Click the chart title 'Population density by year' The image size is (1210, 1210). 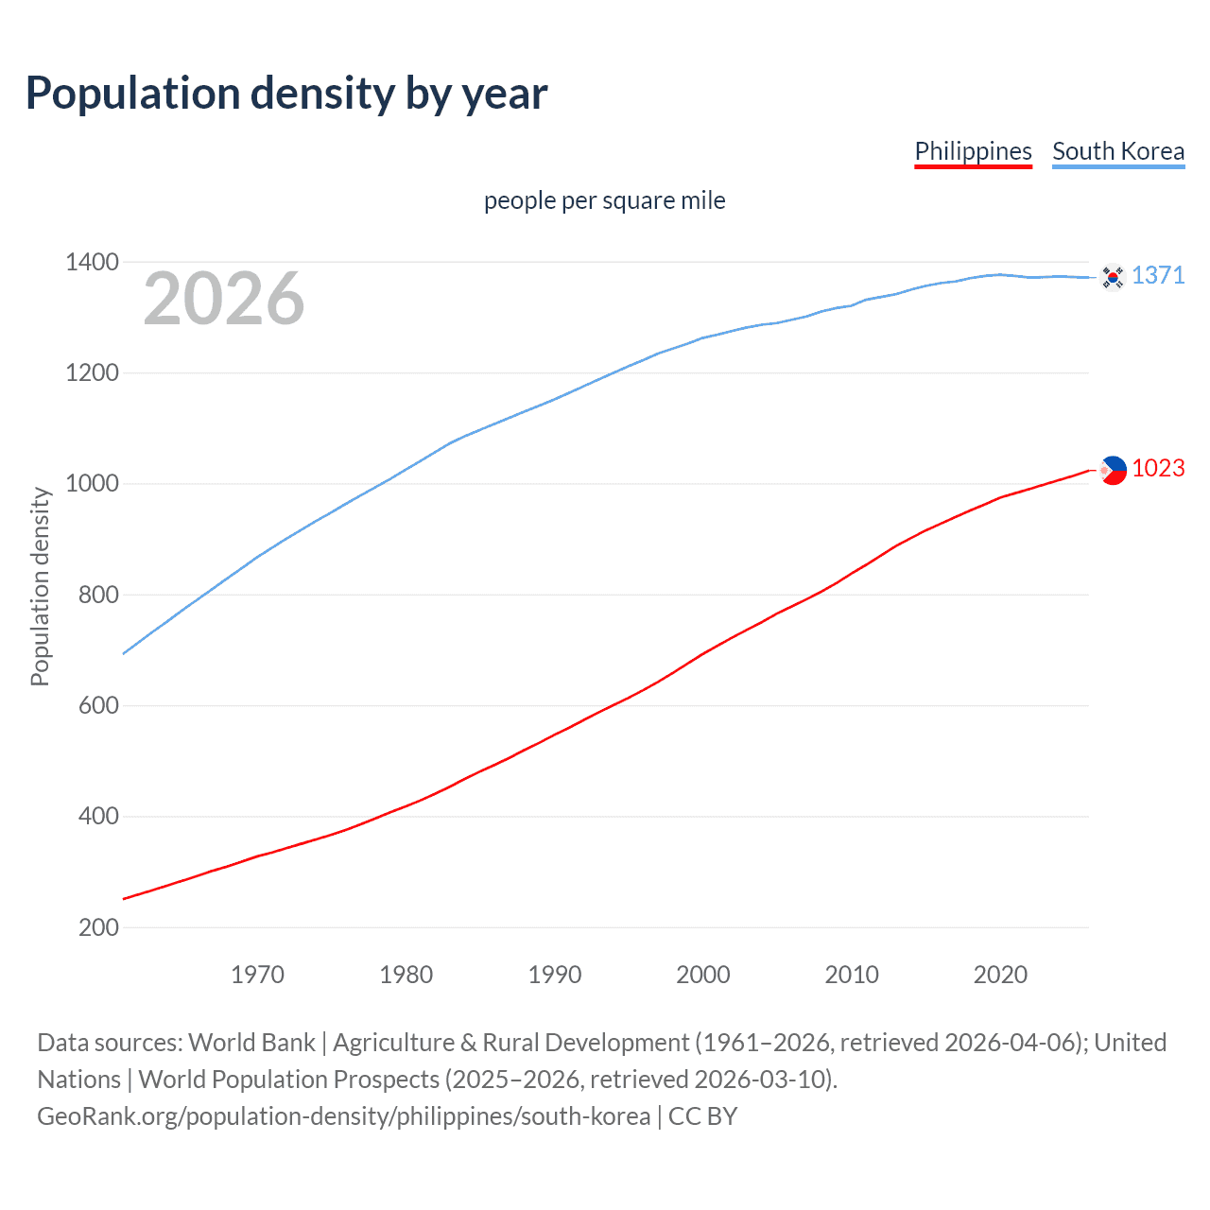[286, 93]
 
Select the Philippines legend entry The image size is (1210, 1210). [973, 151]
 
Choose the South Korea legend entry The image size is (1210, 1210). [1117, 151]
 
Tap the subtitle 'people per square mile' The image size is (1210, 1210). [604, 200]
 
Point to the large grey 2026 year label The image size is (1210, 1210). [224, 299]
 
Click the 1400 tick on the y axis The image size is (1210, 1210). [92, 262]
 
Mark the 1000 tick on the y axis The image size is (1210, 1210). [92, 484]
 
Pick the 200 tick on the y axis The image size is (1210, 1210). [98, 927]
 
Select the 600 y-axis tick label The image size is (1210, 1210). [98, 706]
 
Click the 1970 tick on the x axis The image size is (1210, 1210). [257, 975]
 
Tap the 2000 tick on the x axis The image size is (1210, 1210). [702, 975]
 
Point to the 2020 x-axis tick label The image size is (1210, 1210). [1000, 975]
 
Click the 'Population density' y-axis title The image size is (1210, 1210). [40, 586]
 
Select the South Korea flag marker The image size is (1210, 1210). [1113, 277]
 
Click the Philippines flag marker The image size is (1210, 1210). [1113, 470]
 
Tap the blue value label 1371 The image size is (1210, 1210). [1158, 275]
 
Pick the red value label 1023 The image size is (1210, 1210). [1158, 468]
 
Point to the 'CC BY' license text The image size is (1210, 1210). [702, 1116]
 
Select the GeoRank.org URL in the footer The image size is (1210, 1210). [343, 1116]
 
